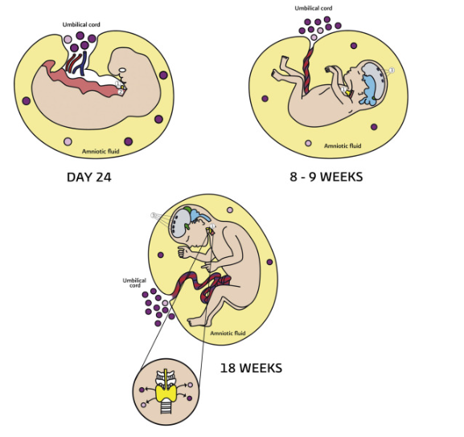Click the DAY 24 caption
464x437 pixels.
click(89, 177)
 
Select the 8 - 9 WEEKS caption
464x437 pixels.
click(326, 177)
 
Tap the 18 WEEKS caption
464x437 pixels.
click(251, 368)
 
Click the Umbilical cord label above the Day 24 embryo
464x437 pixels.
click(81, 25)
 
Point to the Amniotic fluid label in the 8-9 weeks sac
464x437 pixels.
click(343, 145)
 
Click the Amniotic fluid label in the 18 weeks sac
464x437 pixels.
click(228, 333)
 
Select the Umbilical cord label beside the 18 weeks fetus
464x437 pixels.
click(134, 283)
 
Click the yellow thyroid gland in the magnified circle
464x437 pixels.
click(166, 393)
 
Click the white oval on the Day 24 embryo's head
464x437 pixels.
click(122, 71)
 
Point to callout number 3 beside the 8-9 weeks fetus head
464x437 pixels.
click(392, 71)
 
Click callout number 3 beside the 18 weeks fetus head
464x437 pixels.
click(154, 215)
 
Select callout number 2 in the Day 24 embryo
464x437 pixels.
click(121, 92)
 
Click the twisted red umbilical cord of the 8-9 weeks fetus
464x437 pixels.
click(308, 70)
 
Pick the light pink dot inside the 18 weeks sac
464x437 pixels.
click(230, 210)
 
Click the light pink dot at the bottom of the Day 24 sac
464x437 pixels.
click(68, 141)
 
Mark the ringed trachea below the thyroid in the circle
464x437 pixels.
click(166, 407)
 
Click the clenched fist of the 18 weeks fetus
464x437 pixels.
click(183, 253)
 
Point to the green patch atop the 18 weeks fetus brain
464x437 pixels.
click(187, 210)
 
